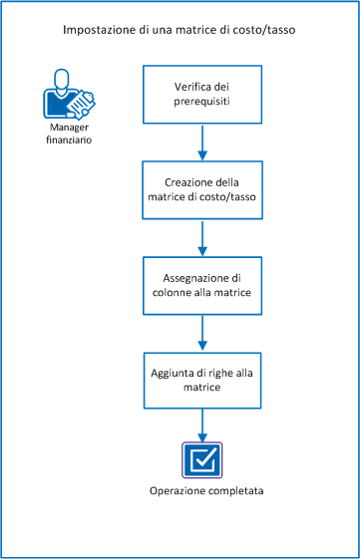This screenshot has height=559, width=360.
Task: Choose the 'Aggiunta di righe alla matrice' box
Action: coord(202,379)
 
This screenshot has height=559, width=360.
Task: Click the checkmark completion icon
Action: coord(202,461)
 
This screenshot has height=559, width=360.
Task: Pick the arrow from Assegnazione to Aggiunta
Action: coord(202,332)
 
